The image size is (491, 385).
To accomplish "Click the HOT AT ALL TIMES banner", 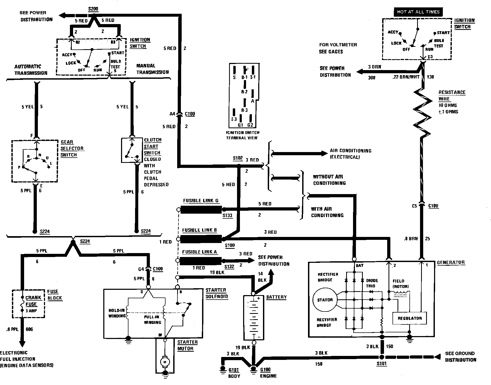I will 418,12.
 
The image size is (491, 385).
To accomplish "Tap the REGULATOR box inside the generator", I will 409,318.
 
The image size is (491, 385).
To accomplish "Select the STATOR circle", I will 325,300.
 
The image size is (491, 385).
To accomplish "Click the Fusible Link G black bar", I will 200,210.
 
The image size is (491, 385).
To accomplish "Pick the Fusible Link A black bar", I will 200,261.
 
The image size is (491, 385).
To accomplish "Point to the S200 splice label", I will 93,9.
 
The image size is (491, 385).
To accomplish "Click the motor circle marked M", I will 164,362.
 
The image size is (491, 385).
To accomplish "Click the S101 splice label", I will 381,364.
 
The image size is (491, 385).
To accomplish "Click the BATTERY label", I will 276,297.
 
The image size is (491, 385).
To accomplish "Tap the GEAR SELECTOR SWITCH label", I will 72,148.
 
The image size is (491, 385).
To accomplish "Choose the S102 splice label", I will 238,158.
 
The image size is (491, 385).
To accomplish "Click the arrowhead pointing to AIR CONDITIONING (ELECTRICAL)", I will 325,154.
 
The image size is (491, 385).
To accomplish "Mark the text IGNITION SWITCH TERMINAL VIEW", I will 242,135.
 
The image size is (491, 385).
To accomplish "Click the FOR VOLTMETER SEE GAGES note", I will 338,48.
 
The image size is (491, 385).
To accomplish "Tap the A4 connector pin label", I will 172,114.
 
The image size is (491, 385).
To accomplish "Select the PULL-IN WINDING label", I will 153,319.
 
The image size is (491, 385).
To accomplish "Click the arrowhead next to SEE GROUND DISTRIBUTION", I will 438,356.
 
